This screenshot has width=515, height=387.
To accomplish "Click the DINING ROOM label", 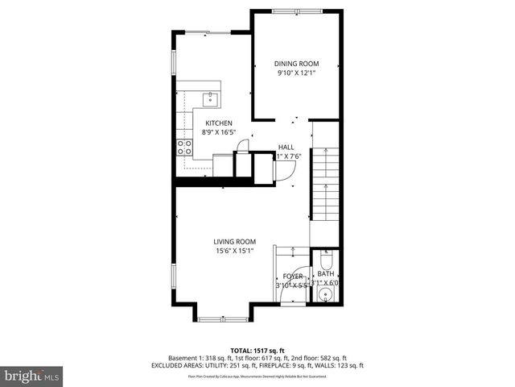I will [296, 64].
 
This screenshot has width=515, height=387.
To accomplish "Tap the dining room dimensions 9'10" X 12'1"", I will [296, 73].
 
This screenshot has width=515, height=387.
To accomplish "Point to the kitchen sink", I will [211, 99].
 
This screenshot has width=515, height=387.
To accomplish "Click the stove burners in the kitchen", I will [184, 148].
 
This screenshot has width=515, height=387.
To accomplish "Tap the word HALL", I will [286, 148].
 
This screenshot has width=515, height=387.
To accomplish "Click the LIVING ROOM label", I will [234, 241].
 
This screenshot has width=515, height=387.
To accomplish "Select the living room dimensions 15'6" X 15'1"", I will [234, 251].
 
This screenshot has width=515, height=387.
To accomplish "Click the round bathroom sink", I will [326, 295].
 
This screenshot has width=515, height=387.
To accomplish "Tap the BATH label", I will [325, 274].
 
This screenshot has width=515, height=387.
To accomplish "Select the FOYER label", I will [293, 277].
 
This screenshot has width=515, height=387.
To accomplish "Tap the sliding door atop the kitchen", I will [212, 32].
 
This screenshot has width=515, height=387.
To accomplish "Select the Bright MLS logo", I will [32, 376].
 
